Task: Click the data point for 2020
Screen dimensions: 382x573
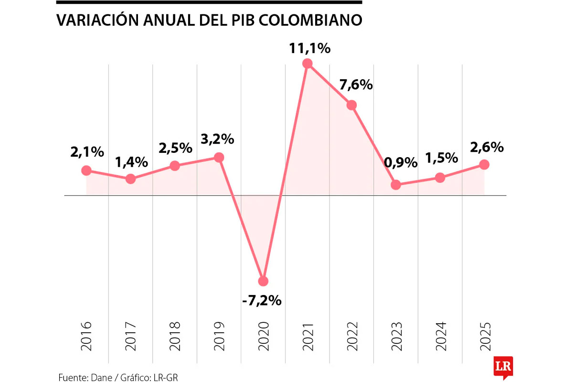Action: tap(263, 281)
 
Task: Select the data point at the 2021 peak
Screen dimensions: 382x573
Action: tap(308, 64)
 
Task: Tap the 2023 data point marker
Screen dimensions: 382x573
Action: tap(396, 185)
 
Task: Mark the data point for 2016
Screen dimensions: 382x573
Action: tap(86, 170)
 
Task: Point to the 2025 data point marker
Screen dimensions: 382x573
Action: tap(484, 164)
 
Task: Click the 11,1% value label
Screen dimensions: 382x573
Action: tap(309, 48)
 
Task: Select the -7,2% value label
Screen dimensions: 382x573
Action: tap(262, 301)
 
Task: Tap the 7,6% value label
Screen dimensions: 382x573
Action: tap(356, 85)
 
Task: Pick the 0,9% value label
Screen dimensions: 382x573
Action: tap(401, 163)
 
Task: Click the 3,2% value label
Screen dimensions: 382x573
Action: tap(217, 139)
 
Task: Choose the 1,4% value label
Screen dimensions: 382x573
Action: tap(131, 162)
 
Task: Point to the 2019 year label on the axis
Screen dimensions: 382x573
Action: tap(219, 336)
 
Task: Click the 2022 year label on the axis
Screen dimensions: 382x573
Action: tap(352, 336)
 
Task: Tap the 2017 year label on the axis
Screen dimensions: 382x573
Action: tap(131, 336)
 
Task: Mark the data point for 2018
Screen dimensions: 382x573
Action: tap(175, 166)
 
